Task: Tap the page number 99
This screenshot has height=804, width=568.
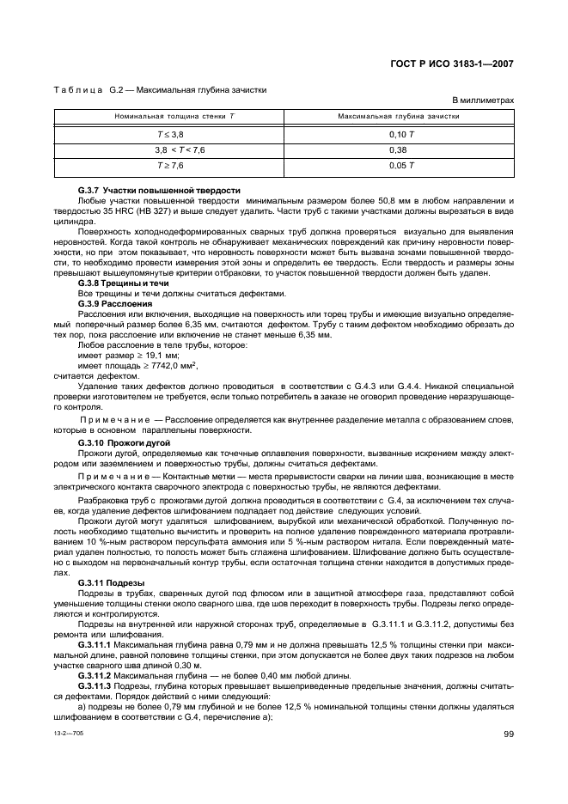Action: (x=508, y=733)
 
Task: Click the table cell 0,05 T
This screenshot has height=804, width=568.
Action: (x=400, y=165)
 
